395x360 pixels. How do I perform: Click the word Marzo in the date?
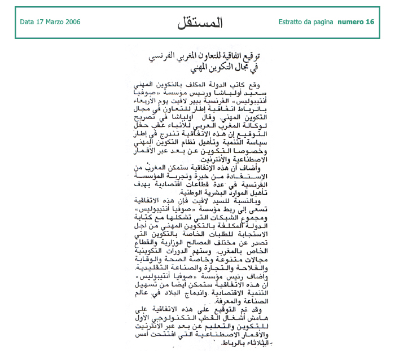tap(54, 22)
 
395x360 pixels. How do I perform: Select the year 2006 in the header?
tap(73, 22)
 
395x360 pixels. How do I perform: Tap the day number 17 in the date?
tap(39, 22)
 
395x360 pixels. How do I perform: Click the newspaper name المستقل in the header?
tap(200, 23)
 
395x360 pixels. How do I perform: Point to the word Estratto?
tap(292, 22)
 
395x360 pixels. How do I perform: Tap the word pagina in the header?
tap(324, 22)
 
